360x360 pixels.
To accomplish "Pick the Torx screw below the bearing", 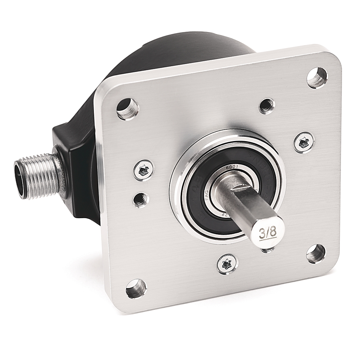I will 227,264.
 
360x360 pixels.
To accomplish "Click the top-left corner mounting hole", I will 127,108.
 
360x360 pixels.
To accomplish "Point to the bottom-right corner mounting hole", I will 316,253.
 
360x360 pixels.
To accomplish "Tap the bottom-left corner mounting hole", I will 136,289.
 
